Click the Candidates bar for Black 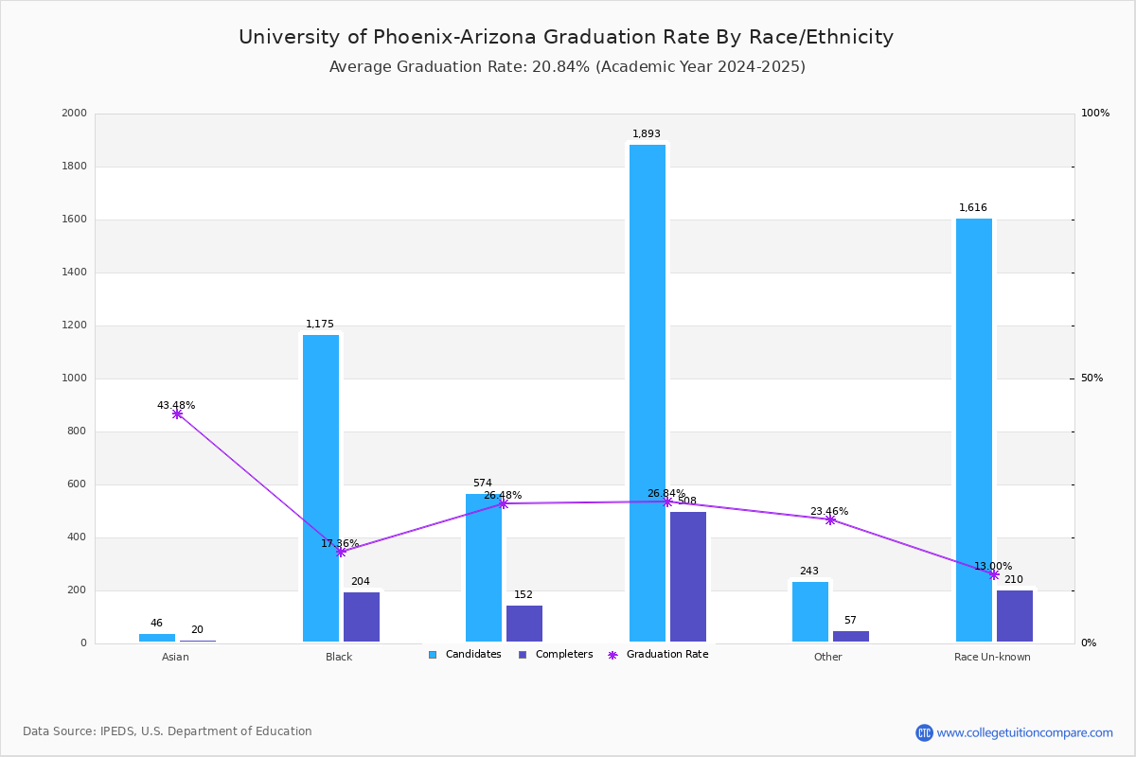pyautogui.click(x=321, y=488)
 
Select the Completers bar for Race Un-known pyautogui.click(x=1015, y=616)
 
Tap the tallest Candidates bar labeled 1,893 pyautogui.click(x=648, y=393)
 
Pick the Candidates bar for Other pyautogui.click(x=810, y=611)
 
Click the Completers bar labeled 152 pyautogui.click(x=524, y=624)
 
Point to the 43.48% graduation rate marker pyautogui.click(x=177, y=414)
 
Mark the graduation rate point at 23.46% pyautogui.click(x=830, y=519)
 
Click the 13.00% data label pyautogui.click(x=993, y=566)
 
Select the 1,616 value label pyautogui.click(x=973, y=208)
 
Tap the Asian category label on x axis pyautogui.click(x=175, y=657)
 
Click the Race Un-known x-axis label pyautogui.click(x=992, y=657)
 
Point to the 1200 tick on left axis pyautogui.click(x=75, y=326)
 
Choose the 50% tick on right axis pyautogui.click(x=1092, y=378)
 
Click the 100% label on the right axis pyautogui.click(x=1094, y=114)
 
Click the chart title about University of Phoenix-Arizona pyautogui.click(x=566, y=37)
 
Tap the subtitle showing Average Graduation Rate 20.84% pyautogui.click(x=567, y=67)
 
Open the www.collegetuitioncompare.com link pyautogui.click(x=1024, y=732)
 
